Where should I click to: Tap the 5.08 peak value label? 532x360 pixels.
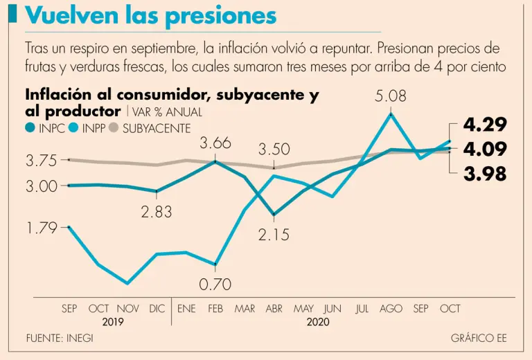pyautogui.click(x=391, y=97)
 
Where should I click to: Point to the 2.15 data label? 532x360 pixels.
pyautogui.click(x=274, y=235)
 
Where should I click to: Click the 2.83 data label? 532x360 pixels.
pyautogui.click(x=156, y=213)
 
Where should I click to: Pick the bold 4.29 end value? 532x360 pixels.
pyautogui.click(x=485, y=125)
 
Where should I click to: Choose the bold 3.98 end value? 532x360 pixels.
pyautogui.click(x=485, y=174)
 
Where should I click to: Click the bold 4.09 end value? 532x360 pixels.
pyautogui.click(x=485, y=149)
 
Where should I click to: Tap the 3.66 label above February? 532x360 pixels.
pyautogui.click(x=215, y=144)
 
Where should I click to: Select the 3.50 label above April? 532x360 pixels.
pyautogui.click(x=274, y=150)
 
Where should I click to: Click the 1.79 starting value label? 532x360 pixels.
pyautogui.click(x=42, y=228)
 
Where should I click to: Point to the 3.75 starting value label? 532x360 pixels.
pyautogui.click(x=42, y=161)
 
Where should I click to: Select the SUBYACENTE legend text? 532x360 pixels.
pyautogui.click(x=157, y=128)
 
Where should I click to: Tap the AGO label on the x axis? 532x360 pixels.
pyautogui.click(x=391, y=309)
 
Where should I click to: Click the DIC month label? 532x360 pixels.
pyautogui.click(x=157, y=309)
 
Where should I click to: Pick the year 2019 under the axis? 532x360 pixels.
pyautogui.click(x=113, y=322)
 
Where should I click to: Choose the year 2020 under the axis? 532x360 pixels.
pyautogui.click(x=318, y=322)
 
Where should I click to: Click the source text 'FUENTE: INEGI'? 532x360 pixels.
pyautogui.click(x=60, y=339)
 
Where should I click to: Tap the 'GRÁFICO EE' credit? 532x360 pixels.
pyautogui.click(x=479, y=339)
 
